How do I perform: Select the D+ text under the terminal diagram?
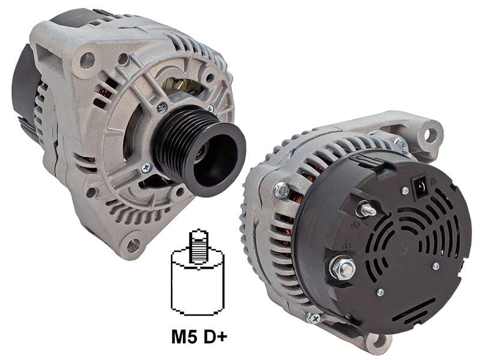pos(215,337)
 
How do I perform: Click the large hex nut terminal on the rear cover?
pos(343,268)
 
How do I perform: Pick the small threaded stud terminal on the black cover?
pos(366,209)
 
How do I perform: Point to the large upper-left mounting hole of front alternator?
pos(87,60)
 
